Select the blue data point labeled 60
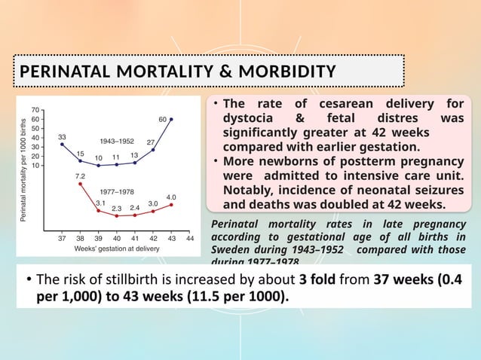click(x=171, y=119)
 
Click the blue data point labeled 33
click(x=62, y=144)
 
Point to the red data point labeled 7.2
click(x=80, y=184)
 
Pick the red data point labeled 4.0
click(x=171, y=204)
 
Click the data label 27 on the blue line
click(x=151, y=142)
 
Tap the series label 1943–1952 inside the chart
click(x=116, y=141)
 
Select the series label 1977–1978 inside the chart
click(x=117, y=191)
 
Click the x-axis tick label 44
click(x=190, y=237)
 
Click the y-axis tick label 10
click(x=37, y=165)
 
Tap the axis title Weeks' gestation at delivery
click(x=116, y=248)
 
